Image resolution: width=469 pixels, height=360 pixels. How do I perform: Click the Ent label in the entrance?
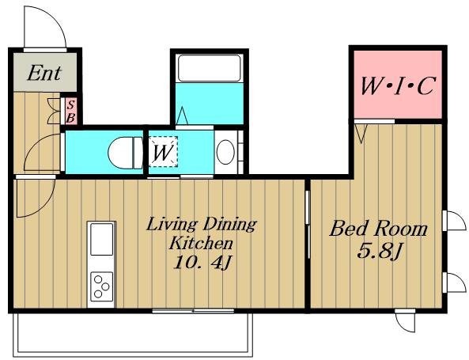click(x=44, y=73)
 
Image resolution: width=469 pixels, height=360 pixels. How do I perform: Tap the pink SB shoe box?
click(x=71, y=112)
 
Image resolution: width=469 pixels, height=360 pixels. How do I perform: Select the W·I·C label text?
click(x=397, y=86)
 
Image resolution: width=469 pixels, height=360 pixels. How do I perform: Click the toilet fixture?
click(x=126, y=153)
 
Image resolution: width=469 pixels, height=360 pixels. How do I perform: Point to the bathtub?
click(x=210, y=68)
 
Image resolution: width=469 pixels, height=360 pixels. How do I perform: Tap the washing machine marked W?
click(x=163, y=151)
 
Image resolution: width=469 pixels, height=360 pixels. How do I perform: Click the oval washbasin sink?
click(x=225, y=152)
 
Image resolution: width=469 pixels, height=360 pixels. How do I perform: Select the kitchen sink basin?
click(x=102, y=239)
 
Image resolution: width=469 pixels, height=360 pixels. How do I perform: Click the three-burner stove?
click(x=102, y=286)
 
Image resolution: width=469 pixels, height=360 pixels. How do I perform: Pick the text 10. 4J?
click(x=202, y=263)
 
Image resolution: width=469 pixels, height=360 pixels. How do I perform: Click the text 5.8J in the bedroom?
click(x=379, y=251)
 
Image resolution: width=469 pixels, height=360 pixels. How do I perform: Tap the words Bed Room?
click(x=378, y=229)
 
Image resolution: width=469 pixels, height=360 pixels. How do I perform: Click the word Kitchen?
click(x=201, y=242)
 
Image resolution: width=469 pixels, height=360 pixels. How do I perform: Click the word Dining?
click(x=230, y=225)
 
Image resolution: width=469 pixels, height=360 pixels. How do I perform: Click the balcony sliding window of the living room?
click(x=193, y=311)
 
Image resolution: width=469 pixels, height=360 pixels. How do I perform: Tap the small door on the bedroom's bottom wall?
click(x=406, y=320)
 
